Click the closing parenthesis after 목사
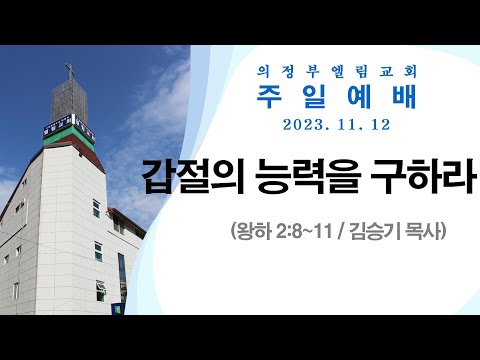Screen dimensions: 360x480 point(440,232)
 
